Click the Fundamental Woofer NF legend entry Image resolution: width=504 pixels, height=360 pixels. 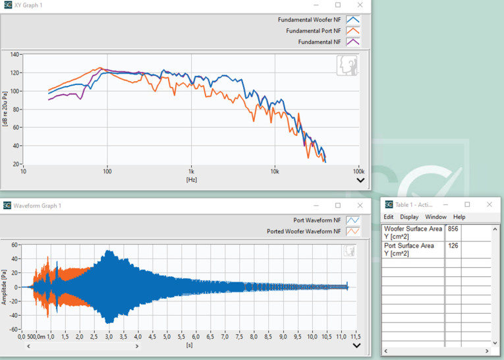[310, 20]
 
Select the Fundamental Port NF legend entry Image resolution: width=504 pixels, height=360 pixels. [314, 31]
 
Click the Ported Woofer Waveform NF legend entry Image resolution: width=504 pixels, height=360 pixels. [304, 231]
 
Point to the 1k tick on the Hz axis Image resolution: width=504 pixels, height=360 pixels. [191, 171]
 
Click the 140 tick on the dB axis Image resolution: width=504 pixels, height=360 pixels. [14, 55]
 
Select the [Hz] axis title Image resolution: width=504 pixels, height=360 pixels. [191, 179]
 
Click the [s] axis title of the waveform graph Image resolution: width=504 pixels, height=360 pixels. [189, 345]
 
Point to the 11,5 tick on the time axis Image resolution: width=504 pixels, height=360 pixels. [354, 337]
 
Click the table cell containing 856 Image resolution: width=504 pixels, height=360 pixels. [453, 229]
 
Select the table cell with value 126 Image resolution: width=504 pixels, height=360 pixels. [453, 246]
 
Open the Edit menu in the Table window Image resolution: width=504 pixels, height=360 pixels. [389, 217]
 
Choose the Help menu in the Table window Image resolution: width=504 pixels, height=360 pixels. [459, 217]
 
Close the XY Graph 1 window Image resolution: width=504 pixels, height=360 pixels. [360, 5]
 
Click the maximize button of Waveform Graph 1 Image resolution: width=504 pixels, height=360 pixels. [338, 206]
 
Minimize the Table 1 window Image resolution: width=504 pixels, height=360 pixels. [445, 204]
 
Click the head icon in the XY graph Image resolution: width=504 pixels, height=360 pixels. [347, 65]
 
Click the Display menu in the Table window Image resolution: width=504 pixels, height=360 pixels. [409, 217]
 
